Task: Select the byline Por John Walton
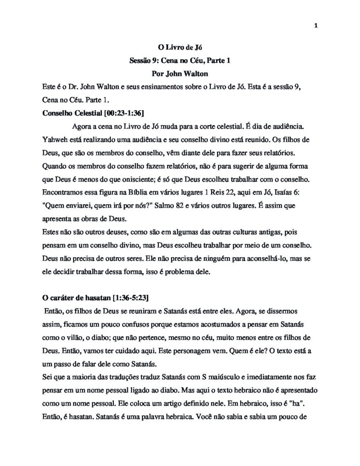click(x=180, y=73)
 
